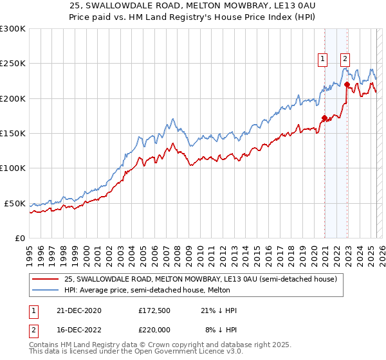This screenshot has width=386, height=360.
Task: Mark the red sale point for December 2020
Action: pyautogui.click(x=324, y=118)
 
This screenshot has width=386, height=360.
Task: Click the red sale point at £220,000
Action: pyautogui.click(x=347, y=84)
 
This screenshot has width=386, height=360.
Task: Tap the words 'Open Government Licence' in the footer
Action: pyautogui.click(x=192, y=352)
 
